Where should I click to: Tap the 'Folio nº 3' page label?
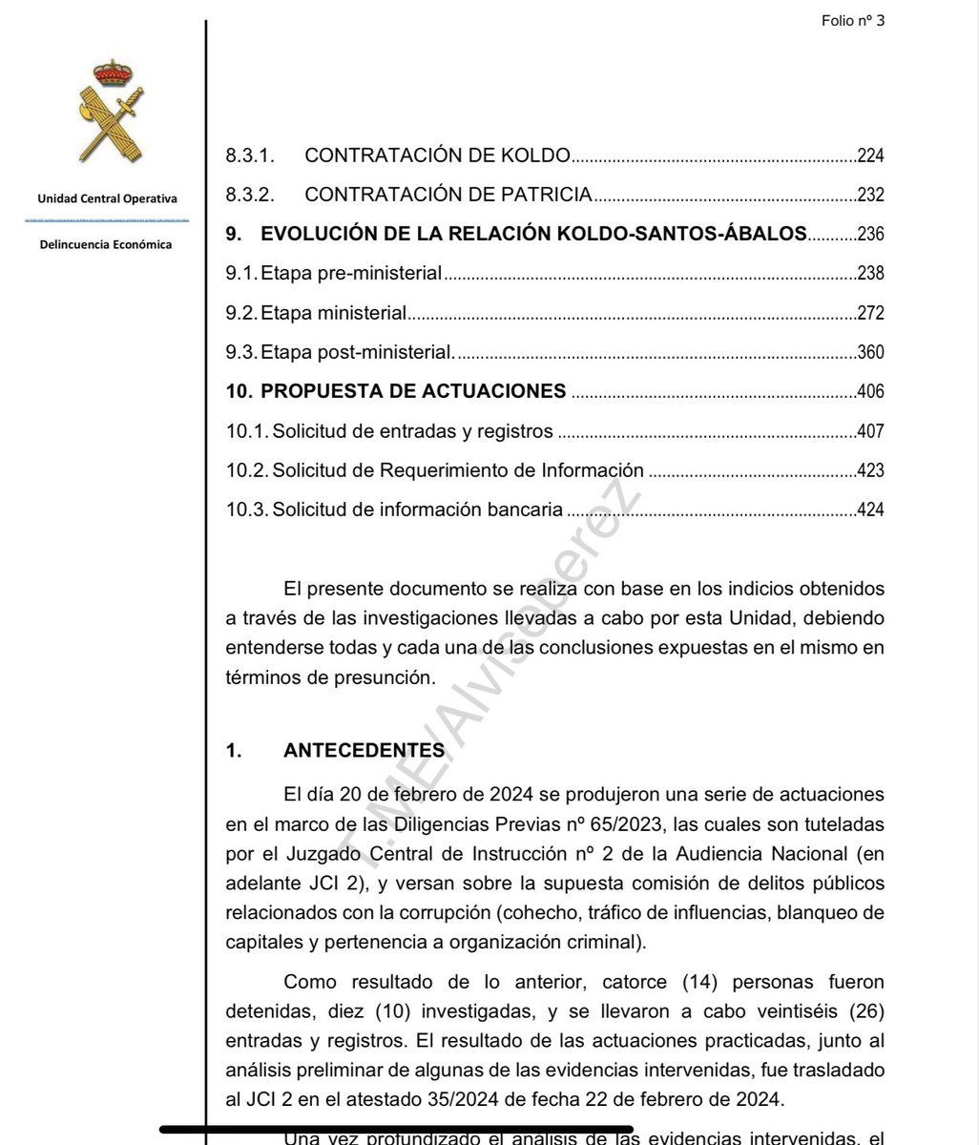point(852,21)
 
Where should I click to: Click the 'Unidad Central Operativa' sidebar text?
point(107,198)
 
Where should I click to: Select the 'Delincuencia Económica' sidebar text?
point(106,245)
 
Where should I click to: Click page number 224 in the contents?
point(870,156)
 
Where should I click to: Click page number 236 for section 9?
point(870,234)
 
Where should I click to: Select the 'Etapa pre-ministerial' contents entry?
point(351,274)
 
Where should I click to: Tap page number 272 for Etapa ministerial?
point(870,313)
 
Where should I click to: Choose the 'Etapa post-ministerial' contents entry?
point(358,352)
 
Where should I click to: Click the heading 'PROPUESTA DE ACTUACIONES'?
point(413,391)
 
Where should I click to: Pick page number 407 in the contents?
point(870,431)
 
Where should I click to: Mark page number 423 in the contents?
point(870,470)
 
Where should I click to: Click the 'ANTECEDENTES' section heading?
point(364,751)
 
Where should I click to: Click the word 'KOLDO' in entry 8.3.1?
point(537,156)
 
